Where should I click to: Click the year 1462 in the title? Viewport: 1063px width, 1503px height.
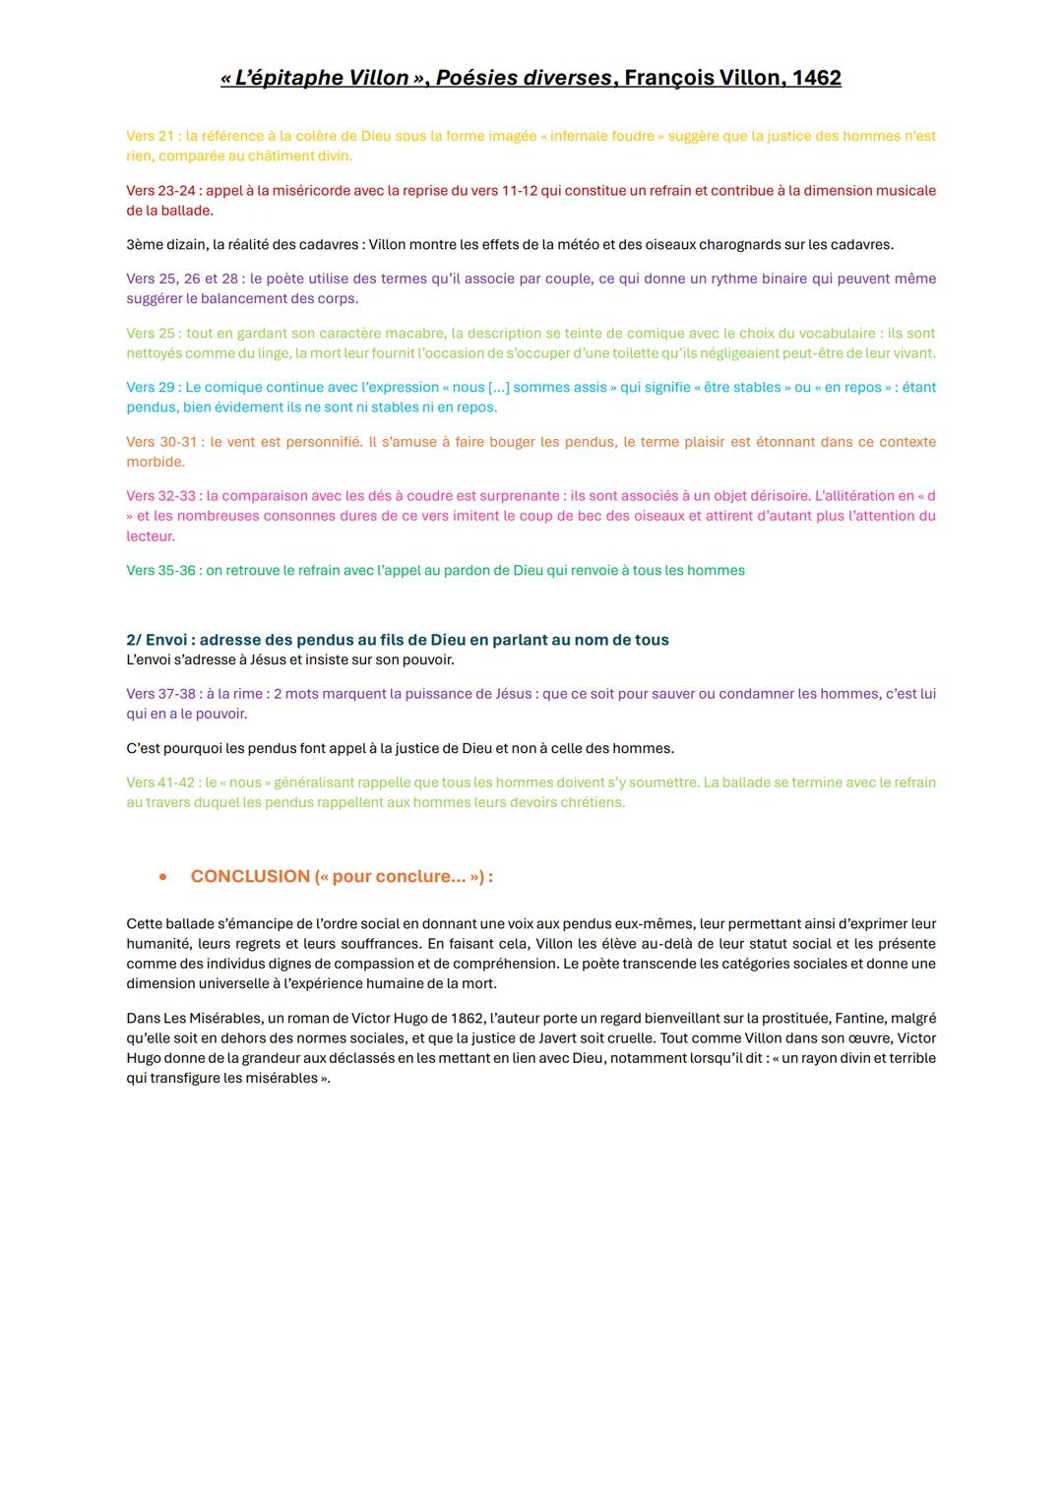click(x=816, y=78)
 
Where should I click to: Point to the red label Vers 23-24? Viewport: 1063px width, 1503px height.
click(x=161, y=190)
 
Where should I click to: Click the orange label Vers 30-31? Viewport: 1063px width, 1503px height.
click(x=162, y=442)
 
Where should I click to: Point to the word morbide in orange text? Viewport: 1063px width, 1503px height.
click(x=154, y=462)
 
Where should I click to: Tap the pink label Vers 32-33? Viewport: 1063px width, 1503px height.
click(x=161, y=496)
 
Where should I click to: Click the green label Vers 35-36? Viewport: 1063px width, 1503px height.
click(x=161, y=570)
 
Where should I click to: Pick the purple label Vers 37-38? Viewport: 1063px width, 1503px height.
click(x=161, y=694)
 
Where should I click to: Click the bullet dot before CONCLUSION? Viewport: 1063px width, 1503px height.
click(x=162, y=876)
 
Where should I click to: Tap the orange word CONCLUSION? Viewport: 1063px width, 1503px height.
click(x=250, y=876)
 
